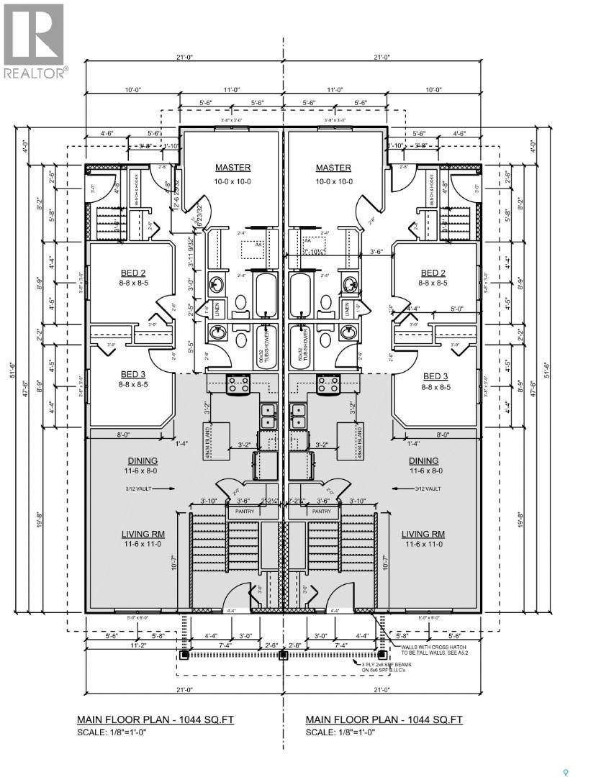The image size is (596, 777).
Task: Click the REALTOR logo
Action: [35, 40]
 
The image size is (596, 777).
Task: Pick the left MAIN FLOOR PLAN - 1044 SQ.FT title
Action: [155, 719]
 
